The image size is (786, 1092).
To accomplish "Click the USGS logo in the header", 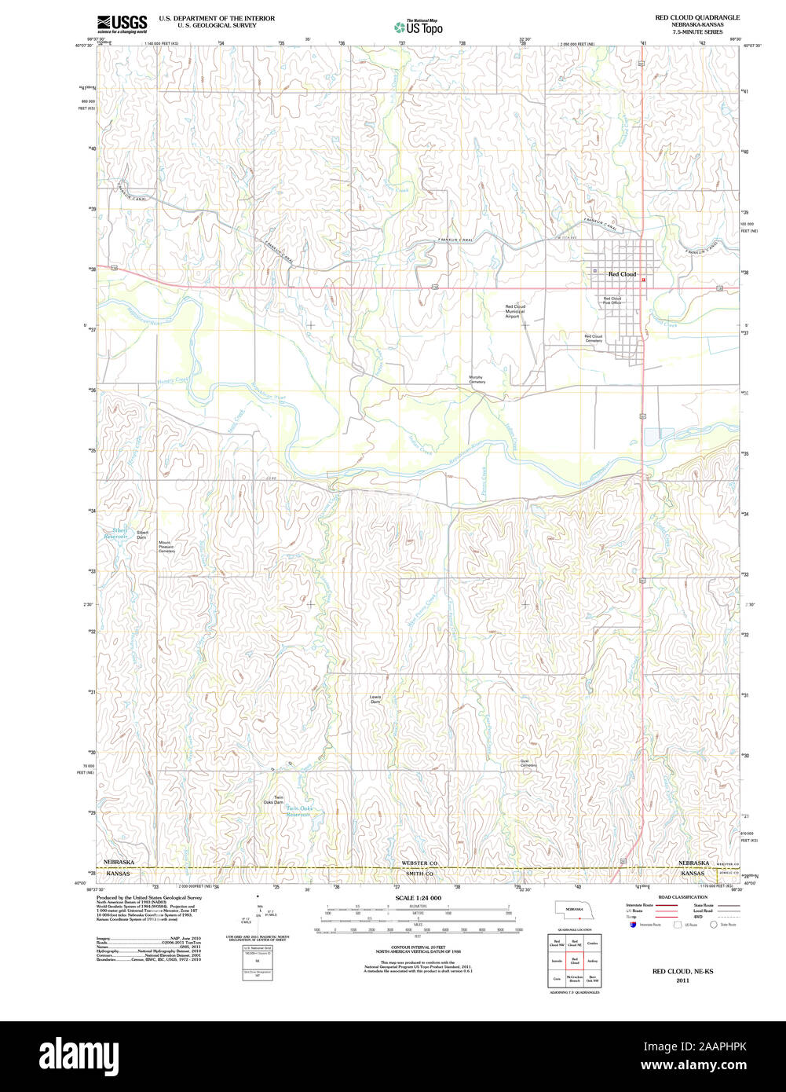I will pyautogui.click(x=122, y=24).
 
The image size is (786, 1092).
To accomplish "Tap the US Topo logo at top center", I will pyautogui.click(x=418, y=27).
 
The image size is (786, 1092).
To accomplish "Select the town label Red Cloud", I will pyautogui.click(x=623, y=274).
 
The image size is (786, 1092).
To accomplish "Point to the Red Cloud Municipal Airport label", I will pyautogui.click(x=515, y=311).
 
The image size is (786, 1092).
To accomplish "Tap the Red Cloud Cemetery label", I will pyautogui.click(x=593, y=339).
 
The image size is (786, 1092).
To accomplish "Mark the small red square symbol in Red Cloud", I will pyautogui.click(x=643, y=279).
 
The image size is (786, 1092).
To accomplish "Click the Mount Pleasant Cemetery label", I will pyautogui.click(x=166, y=547).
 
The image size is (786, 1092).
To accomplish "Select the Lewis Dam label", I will pyautogui.click(x=375, y=698).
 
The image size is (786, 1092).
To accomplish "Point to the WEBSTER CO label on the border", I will pyautogui.click(x=412, y=863).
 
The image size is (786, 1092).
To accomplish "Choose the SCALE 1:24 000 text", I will pyautogui.click(x=418, y=898).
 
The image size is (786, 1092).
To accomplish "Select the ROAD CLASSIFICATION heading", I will pyautogui.click(x=682, y=897).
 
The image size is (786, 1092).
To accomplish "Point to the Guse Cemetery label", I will pyautogui.click(x=528, y=763).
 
